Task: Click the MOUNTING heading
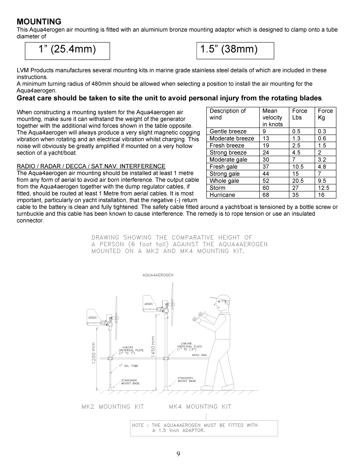(x=39, y=22)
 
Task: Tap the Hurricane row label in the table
(x=222, y=195)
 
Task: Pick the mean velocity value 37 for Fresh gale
(x=266, y=167)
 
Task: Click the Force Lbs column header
(x=299, y=114)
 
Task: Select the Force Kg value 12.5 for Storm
(x=323, y=188)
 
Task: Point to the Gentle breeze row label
(x=228, y=131)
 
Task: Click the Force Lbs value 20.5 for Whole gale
(x=298, y=181)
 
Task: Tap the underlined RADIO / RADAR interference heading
(x=91, y=166)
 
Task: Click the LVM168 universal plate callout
(x=189, y=346)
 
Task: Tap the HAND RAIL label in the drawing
(x=199, y=355)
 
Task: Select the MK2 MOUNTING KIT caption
(x=113, y=407)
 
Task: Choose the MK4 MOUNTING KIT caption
(x=200, y=407)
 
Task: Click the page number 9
(x=178, y=454)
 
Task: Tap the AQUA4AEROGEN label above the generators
(x=158, y=275)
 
